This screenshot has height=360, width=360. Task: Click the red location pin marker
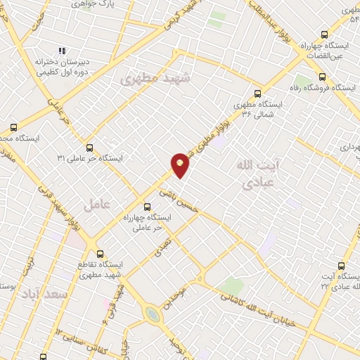click(x=180, y=165)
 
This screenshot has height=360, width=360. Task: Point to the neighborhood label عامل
click(x=96, y=204)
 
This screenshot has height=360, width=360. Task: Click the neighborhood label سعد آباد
click(x=44, y=292)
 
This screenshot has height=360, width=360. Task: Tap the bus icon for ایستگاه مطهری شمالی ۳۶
click(x=257, y=93)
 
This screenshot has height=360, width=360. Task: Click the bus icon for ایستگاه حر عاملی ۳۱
click(x=89, y=148)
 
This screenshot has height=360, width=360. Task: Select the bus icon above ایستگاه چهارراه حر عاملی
click(x=147, y=207)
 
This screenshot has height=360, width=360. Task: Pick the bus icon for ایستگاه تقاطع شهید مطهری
click(x=100, y=254)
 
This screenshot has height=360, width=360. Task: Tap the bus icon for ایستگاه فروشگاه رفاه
click(x=322, y=77)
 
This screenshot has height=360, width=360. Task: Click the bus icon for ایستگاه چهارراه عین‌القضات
click(x=324, y=34)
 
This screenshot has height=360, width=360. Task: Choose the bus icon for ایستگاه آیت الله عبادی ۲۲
click(x=342, y=266)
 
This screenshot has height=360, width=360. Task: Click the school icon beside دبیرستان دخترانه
click(x=62, y=51)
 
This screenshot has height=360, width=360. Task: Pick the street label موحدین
click(x=175, y=296)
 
